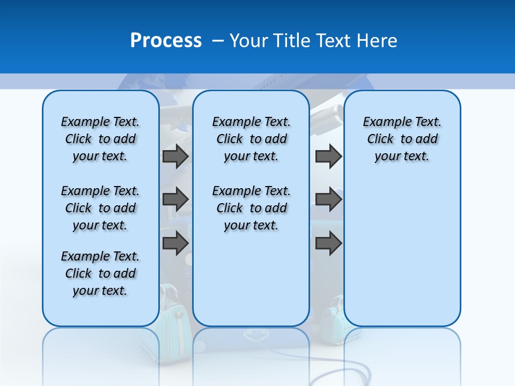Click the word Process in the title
click(x=166, y=40)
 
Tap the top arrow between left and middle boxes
click(x=175, y=156)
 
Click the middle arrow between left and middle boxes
click(x=175, y=199)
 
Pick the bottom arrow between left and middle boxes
click(x=175, y=243)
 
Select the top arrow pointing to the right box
click(x=328, y=156)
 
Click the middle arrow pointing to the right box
click(x=328, y=199)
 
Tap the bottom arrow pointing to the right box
click(x=328, y=243)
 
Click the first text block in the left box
click(x=100, y=139)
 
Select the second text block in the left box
click(x=100, y=208)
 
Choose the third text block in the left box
click(x=100, y=273)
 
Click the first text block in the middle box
click(x=251, y=139)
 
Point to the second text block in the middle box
click(x=251, y=208)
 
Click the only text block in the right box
click(x=402, y=139)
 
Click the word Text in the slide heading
click(x=331, y=40)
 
